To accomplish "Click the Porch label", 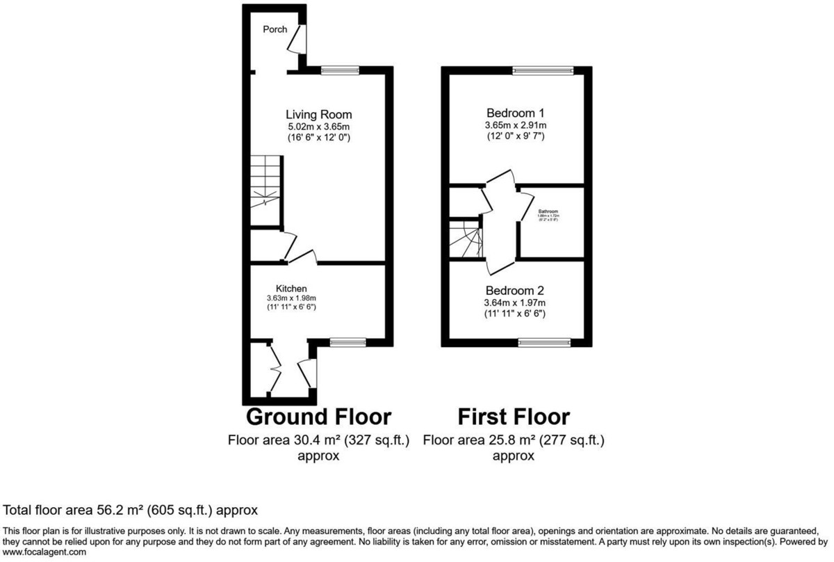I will coord(275,29).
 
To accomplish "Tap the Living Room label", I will coord(319,115).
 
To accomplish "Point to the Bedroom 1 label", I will coord(515,113).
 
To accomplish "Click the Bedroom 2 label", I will coord(515,291).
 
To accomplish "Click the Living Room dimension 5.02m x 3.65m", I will coord(319,127).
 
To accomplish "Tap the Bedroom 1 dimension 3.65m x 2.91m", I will coord(515,125).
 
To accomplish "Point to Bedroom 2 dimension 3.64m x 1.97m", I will coord(515,303).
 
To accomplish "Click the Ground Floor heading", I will coord(319,417).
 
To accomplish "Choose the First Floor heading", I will coord(514,417).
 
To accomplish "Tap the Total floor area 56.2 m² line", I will coord(131,510).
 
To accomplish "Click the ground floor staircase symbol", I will coord(265,182).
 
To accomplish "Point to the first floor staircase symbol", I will coord(465,240).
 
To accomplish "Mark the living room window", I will coord(340,70).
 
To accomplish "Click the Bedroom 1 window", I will coord(543,70).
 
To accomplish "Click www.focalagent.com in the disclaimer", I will coord(44,552).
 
